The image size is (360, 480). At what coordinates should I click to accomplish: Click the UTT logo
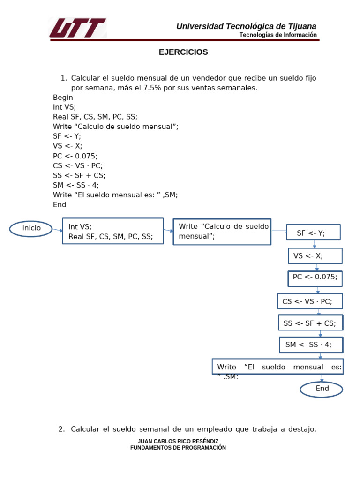(78, 28)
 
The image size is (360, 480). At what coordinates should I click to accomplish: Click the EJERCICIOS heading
(183, 52)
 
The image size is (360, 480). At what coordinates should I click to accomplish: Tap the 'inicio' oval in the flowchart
(31, 229)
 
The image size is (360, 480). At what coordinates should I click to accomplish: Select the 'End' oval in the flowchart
(322, 389)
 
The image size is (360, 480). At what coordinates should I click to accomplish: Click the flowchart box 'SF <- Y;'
(313, 232)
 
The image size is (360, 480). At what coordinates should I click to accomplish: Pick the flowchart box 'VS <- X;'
(315, 256)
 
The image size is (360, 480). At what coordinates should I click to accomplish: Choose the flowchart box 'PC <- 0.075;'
(315, 278)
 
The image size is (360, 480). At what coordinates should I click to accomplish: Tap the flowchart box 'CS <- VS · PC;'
(310, 301)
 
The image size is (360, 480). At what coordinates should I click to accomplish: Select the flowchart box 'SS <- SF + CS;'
(310, 323)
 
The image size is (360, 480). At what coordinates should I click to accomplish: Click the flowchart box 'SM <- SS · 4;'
(311, 345)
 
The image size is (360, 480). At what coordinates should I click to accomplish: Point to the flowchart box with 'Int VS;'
(113, 231)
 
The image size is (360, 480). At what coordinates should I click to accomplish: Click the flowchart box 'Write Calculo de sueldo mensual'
(222, 232)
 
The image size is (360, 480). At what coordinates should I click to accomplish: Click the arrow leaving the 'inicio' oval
(57, 230)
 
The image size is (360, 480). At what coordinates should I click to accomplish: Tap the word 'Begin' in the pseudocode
(63, 97)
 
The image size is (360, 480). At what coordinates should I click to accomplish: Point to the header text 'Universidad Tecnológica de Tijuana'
(246, 26)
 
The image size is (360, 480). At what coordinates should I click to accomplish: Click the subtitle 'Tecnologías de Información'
(278, 35)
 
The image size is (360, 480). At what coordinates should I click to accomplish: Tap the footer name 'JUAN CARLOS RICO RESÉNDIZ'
(178, 442)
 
